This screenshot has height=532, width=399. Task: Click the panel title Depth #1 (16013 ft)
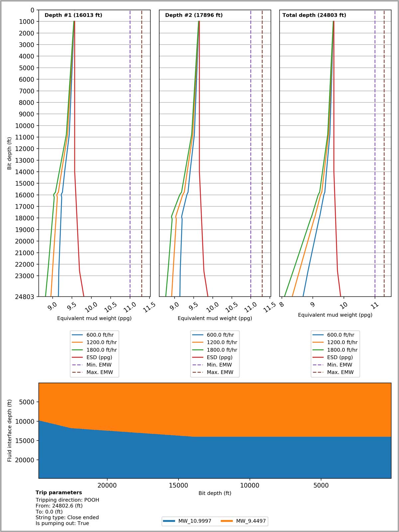pyautogui.click(x=73, y=15)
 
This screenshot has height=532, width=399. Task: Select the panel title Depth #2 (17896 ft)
pyautogui.click(x=194, y=15)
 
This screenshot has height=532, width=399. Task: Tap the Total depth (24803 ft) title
pyautogui.click(x=314, y=15)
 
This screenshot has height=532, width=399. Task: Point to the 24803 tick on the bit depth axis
pyautogui.click(x=25, y=296)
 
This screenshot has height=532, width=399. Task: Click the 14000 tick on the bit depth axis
pyautogui.click(x=25, y=172)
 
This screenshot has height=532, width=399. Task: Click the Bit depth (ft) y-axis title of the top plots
pyautogui.click(x=9, y=153)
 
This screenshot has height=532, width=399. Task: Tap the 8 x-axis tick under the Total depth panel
pyautogui.click(x=282, y=304)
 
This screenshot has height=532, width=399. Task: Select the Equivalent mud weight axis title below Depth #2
pyautogui.click(x=215, y=318)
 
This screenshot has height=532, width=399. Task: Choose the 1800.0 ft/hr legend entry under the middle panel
pyautogui.click(x=222, y=350)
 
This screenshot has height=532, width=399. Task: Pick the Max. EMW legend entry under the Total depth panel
pyautogui.click(x=340, y=372)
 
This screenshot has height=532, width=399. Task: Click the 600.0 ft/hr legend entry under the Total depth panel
pyautogui.click(x=340, y=335)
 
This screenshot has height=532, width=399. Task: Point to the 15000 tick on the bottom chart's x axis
pyautogui.click(x=178, y=485)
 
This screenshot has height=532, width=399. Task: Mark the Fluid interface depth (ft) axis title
pyautogui.click(x=10, y=431)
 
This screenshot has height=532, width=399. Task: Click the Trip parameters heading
pyautogui.click(x=59, y=493)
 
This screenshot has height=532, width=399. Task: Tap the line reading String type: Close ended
pyautogui.click(x=67, y=517)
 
